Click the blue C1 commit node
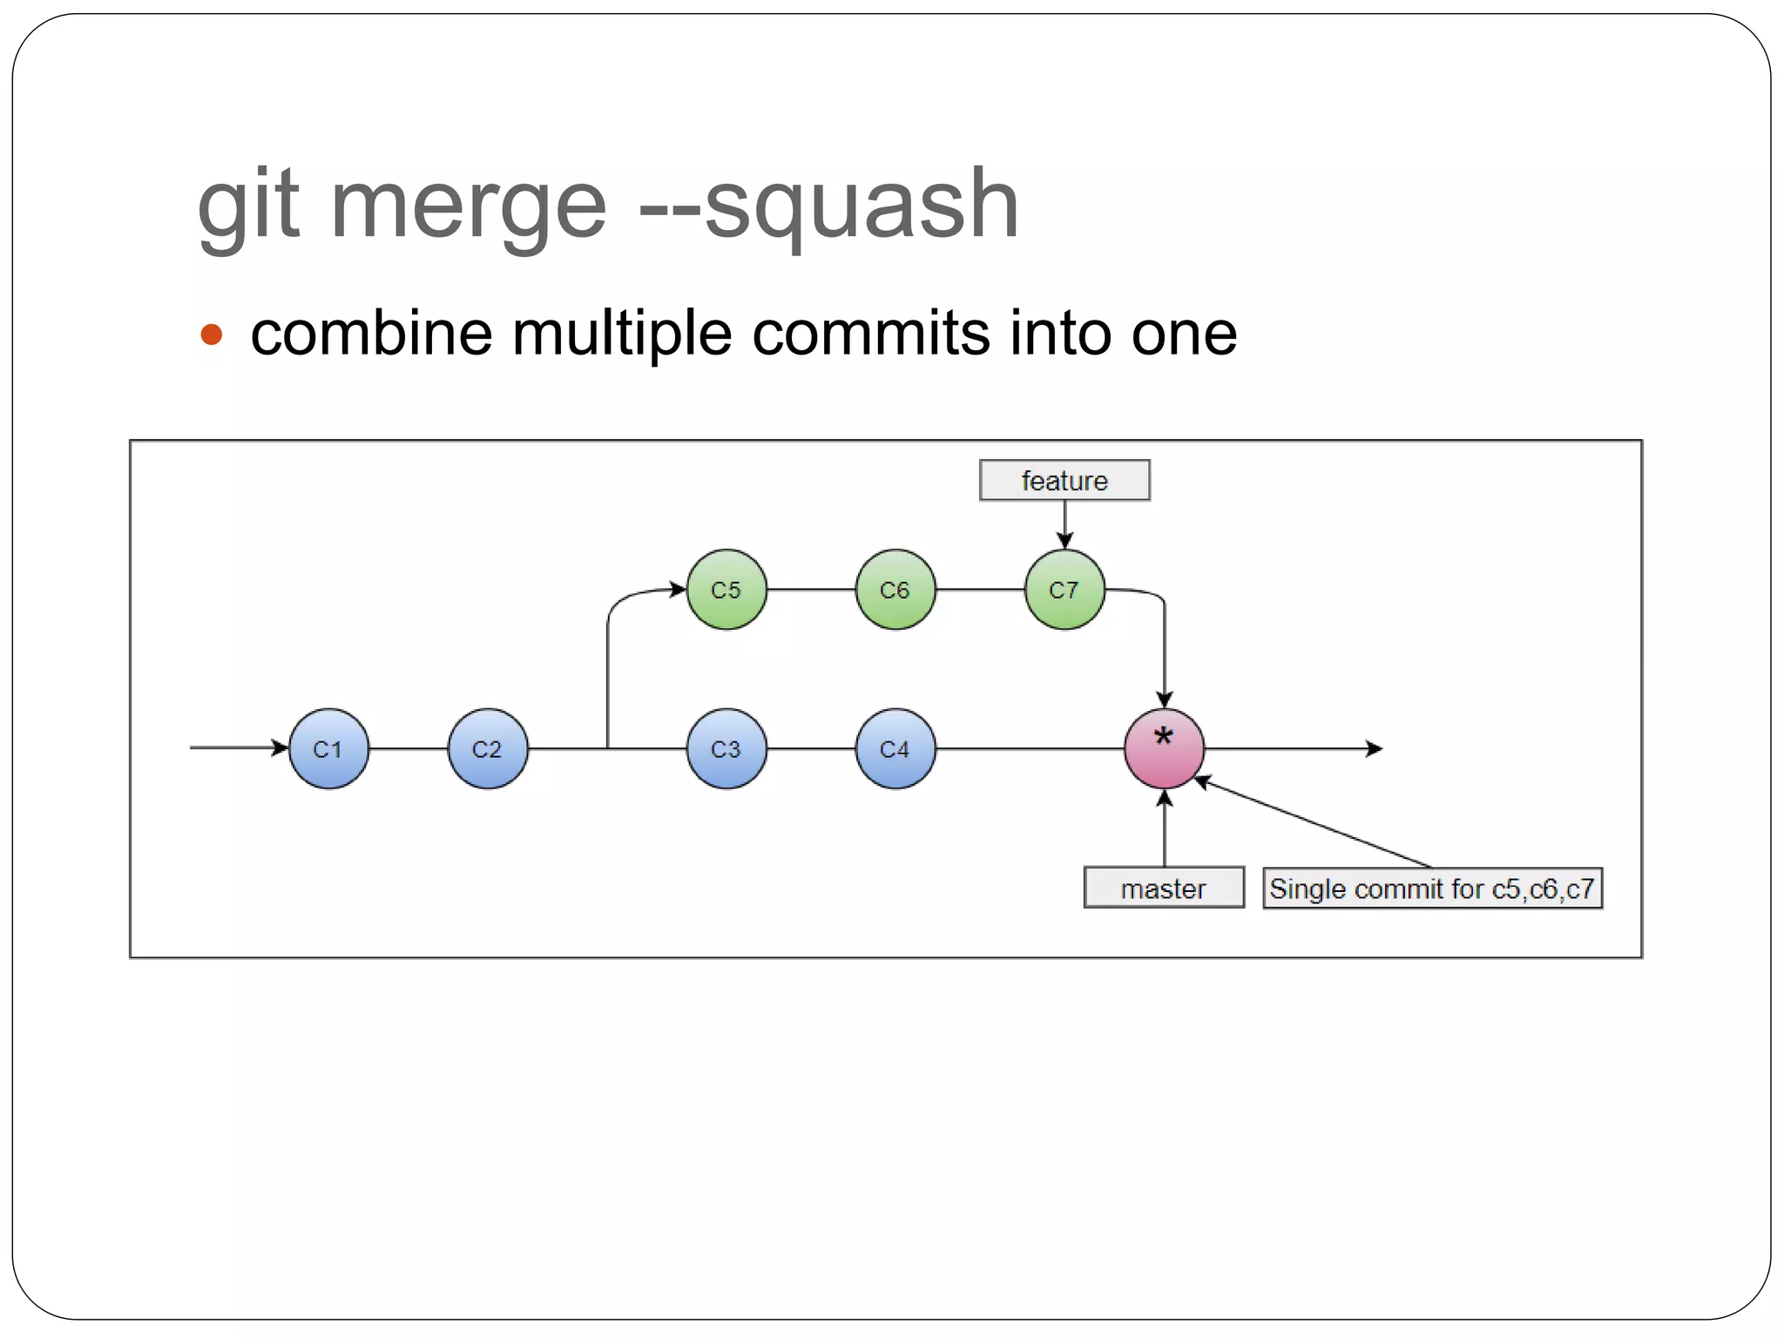pos(328,748)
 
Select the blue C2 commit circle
pos(488,748)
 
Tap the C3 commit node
pos(726,748)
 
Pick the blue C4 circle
pos(895,748)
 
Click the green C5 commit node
pos(726,590)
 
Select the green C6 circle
pos(895,590)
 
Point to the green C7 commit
pos(1064,590)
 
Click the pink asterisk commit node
pos(1164,748)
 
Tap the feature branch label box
pos(1064,480)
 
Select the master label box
pos(1164,888)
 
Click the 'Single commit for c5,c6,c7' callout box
pos(1432,888)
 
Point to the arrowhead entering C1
pos(280,747)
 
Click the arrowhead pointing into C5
pos(679,590)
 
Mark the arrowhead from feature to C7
pos(1064,541)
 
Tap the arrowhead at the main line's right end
pos(1375,748)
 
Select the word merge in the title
pos(468,207)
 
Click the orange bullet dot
pos(212,334)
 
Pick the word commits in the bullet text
pos(870,334)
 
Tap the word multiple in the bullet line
pos(622,334)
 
